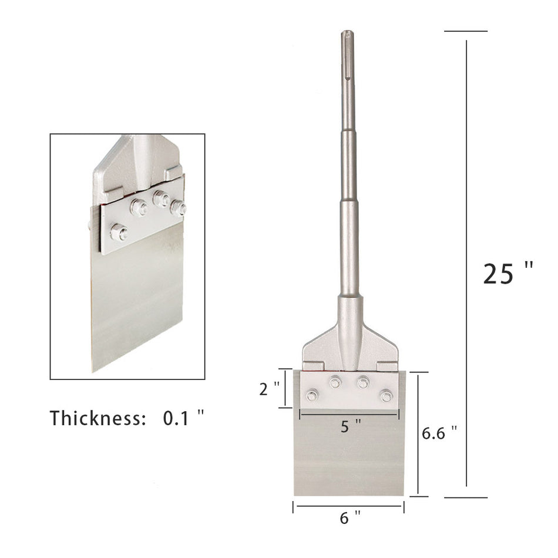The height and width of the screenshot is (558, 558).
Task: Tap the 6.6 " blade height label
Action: point(439,433)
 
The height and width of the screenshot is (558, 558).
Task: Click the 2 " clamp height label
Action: point(269,388)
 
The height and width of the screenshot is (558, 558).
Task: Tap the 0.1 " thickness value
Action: point(183,418)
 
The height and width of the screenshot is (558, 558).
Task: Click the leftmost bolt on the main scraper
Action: point(312,395)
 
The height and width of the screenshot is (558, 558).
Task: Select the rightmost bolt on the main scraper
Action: point(386,395)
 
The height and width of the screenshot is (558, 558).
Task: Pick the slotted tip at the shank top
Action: point(348,53)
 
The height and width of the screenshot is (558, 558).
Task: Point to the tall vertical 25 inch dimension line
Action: point(467,264)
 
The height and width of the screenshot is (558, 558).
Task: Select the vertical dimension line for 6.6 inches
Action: point(418,435)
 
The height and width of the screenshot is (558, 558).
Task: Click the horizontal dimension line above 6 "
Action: point(348,506)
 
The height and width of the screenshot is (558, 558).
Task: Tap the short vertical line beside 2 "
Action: point(285,388)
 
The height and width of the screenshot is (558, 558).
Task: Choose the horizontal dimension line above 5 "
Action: point(349,414)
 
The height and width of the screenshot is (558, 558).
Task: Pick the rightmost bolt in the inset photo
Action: point(178,207)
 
